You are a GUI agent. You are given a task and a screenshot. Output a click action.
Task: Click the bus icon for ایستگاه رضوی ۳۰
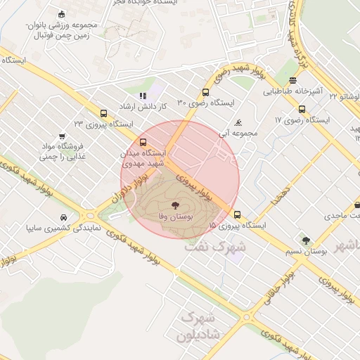(206, 92)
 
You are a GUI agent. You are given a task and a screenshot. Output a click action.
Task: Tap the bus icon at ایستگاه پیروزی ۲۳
(104, 113)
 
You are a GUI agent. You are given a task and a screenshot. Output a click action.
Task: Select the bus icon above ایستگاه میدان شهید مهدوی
(144, 141)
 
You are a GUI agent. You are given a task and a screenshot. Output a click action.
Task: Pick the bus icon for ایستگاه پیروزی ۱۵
(237, 214)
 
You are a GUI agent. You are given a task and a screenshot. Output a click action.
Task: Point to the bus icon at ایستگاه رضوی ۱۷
(302, 109)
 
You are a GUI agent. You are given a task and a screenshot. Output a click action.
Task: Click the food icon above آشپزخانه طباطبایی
(292, 80)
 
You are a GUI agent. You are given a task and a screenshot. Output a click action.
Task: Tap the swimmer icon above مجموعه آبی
(239, 121)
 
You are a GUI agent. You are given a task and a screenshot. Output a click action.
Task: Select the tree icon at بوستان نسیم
(304, 240)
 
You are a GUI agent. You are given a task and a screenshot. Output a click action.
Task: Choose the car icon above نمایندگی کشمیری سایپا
(64, 217)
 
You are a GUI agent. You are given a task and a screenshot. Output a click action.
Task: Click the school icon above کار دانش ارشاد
(143, 95)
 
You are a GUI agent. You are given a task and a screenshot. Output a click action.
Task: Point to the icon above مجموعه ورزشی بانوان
(61, 14)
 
